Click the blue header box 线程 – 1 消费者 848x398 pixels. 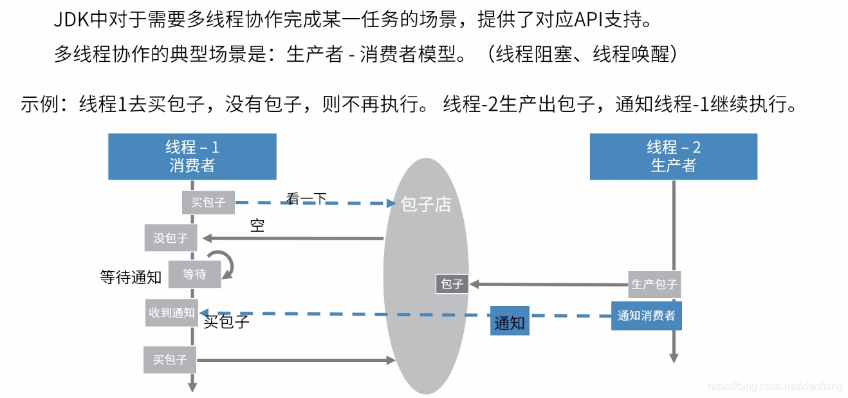192,156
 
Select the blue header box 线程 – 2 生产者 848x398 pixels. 673,156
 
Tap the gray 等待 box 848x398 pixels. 194,274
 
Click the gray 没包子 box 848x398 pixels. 171,238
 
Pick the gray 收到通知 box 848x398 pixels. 172,313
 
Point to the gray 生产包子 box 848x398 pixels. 654,284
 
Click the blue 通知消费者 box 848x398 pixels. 646,316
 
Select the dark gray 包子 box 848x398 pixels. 452,283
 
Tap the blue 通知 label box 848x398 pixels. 510,323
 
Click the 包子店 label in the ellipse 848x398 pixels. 426,205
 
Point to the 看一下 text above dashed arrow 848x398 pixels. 306,199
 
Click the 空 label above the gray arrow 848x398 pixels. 257,225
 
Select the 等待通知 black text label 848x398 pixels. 131,277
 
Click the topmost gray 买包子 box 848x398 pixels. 208,202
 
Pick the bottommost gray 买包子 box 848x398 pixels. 170,360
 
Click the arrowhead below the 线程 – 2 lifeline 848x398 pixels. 673,358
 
